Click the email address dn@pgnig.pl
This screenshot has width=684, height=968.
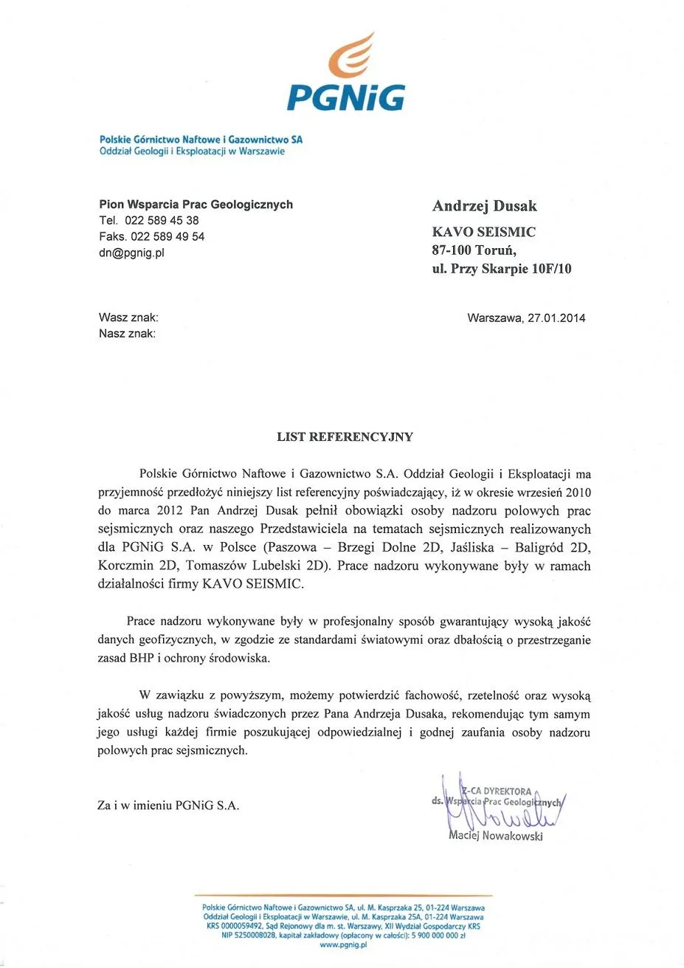[x=132, y=253]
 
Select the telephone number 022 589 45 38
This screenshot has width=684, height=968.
[x=162, y=220]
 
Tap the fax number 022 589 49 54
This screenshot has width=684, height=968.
[x=167, y=236]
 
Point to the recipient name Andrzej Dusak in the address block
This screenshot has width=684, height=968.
[x=484, y=206]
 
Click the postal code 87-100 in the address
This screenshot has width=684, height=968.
[x=452, y=250]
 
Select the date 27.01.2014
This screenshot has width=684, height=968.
[x=556, y=318]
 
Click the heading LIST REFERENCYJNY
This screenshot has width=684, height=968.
[x=345, y=437]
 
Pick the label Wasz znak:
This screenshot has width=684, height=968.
[x=128, y=317]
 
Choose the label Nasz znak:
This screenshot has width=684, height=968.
[x=128, y=334]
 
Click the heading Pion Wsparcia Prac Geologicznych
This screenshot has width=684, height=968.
[x=196, y=205]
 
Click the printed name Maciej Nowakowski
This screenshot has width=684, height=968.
[x=496, y=836]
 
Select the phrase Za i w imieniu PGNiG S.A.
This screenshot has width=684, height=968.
[x=168, y=806]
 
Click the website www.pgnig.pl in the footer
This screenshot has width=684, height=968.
[x=343, y=944]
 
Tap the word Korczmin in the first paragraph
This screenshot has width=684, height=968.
[x=122, y=566]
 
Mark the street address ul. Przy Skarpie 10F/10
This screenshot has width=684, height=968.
[x=502, y=269]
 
